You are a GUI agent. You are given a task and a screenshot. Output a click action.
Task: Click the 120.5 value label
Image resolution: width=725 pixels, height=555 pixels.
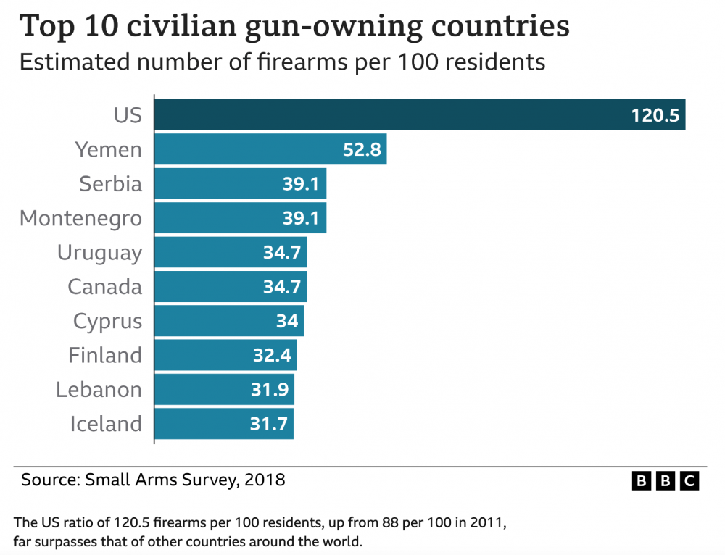(655, 116)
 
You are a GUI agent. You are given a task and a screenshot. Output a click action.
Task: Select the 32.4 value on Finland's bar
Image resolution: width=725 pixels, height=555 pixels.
(271, 356)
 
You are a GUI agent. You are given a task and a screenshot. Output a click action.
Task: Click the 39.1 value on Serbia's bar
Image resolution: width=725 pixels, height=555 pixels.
(301, 184)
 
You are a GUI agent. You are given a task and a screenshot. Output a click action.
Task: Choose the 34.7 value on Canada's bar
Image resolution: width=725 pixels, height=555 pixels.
(281, 287)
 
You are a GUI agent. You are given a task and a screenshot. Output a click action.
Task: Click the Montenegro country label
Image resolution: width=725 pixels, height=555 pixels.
(80, 218)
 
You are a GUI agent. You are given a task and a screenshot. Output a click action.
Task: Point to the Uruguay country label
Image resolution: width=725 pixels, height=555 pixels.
(99, 253)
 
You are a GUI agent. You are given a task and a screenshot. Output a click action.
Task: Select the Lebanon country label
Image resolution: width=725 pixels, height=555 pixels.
(99, 390)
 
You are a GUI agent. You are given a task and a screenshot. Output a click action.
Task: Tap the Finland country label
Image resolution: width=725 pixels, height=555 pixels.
(105, 356)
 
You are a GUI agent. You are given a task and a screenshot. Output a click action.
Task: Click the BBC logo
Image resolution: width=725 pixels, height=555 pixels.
(666, 480)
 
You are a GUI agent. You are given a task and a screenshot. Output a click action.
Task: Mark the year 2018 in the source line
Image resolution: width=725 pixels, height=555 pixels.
(265, 480)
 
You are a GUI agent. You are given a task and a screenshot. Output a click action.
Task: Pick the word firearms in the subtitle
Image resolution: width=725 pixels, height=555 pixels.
(283, 62)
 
